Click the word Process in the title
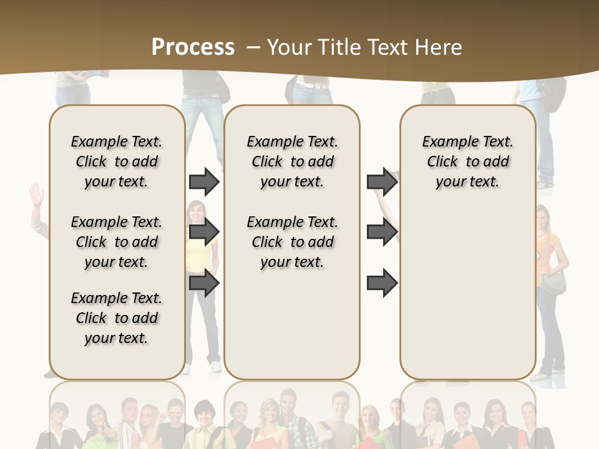pos(193,47)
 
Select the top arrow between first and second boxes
pos(204,181)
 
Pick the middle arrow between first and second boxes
pos(204,233)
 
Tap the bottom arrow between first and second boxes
pos(204,283)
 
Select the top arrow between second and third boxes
pos(382,181)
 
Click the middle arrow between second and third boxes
pos(382,233)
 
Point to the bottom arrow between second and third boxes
pos(382,283)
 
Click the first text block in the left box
pos(117,162)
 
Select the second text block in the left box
pos(117,242)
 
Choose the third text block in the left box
pos(117,318)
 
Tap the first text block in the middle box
pos(292,162)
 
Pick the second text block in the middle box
pos(292,242)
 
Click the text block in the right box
pos(467,162)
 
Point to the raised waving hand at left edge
pos(36,195)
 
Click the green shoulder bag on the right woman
pos(553,282)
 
